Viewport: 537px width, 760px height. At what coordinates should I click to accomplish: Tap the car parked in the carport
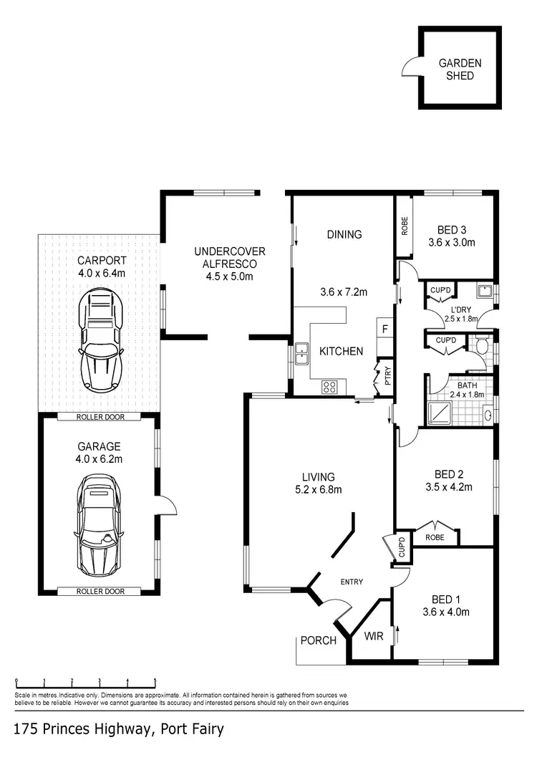coord(100,337)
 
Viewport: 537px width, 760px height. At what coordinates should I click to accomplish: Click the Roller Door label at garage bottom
coord(100,592)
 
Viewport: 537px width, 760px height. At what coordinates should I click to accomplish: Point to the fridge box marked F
coord(384,330)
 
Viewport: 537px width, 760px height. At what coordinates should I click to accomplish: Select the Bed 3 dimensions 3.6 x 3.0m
coord(452,242)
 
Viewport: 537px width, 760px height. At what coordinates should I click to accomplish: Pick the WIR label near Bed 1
coord(374,635)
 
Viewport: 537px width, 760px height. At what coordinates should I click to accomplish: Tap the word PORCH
coord(318,640)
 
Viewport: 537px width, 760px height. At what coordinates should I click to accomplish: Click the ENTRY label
coord(352,582)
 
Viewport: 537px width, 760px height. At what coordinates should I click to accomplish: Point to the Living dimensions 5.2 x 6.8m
coord(319,490)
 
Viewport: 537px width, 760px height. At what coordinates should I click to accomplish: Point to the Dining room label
coord(344,234)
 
